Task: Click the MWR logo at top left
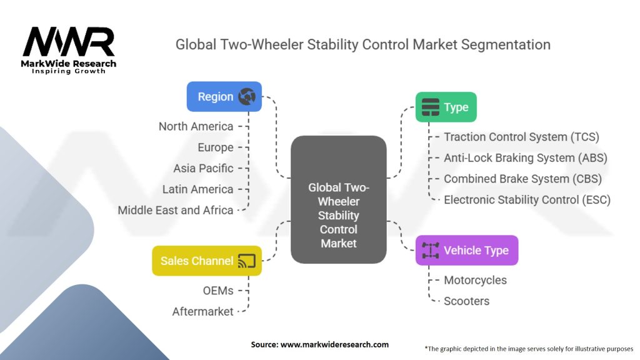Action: tap(69, 44)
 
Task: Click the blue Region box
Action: tap(224, 97)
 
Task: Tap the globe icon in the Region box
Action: tap(247, 97)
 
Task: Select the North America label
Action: tap(196, 126)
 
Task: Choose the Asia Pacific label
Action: tap(203, 168)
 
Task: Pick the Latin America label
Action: tap(197, 189)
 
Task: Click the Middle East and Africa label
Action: tap(176, 210)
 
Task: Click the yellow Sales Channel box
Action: tap(206, 261)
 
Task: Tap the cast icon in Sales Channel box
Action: tap(247, 261)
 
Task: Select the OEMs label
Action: tap(218, 290)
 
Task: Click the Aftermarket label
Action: tap(202, 311)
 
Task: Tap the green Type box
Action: tap(446, 107)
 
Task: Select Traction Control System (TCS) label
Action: tap(521, 137)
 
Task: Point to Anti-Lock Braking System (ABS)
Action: tap(525, 157)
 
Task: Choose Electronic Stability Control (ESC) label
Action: tap(527, 200)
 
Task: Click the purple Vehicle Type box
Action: tap(466, 251)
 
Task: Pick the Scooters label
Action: tap(466, 301)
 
